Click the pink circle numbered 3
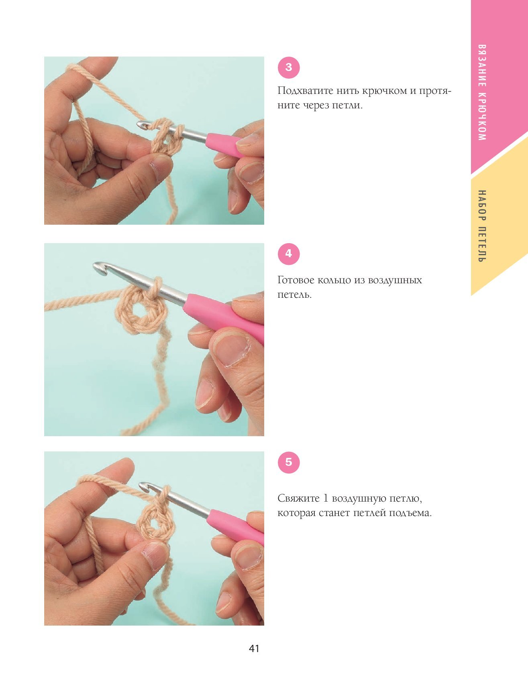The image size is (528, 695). click(x=289, y=67)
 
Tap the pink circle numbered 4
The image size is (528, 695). click(x=289, y=254)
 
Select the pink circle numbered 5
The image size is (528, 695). click(x=289, y=462)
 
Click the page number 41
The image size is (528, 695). click(x=254, y=648)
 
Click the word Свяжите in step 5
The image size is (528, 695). click(x=297, y=499)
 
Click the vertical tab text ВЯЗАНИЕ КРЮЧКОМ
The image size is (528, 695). click(x=482, y=92)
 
